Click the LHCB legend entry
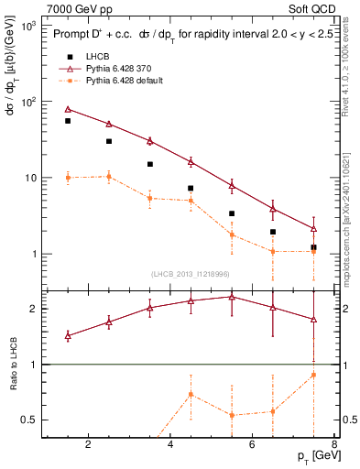pos(97,57)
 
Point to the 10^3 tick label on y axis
pos(27,26)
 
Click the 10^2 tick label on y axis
pos(27,102)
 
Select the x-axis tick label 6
pos(254,446)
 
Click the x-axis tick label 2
pos(88,446)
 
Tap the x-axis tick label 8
pos(335,446)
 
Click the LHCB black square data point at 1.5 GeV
pos(68,121)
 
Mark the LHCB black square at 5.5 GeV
pos(232,213)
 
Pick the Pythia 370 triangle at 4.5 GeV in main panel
pos(191,161)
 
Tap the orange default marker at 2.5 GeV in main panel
pos(109,177)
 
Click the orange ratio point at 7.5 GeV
pos(313,375)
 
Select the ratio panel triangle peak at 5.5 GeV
pos(232,297)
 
